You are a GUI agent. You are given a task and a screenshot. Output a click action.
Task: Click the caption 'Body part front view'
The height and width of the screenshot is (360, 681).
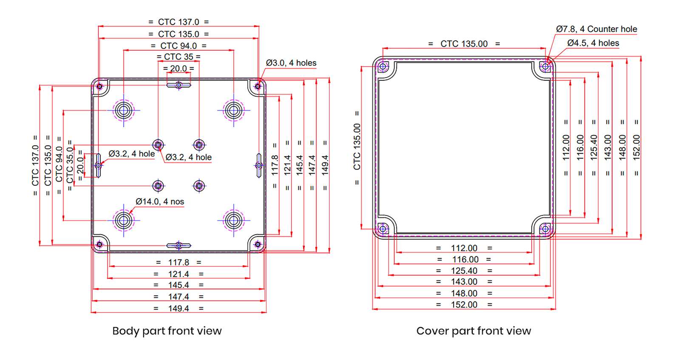click(x=167, y=331)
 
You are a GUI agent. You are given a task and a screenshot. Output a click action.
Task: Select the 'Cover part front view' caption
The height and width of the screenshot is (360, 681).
click(x=474, y=331)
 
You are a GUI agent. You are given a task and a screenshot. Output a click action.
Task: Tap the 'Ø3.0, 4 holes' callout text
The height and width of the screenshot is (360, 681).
click(x=291, y=63)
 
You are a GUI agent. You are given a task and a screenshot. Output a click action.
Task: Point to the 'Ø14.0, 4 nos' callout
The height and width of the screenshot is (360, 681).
click(x=160, y=201)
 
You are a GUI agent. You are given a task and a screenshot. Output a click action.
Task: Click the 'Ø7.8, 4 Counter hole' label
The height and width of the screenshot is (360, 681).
click(x=596, y=29)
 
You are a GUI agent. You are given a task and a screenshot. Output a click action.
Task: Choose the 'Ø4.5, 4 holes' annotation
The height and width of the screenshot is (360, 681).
click(x=593, y=43)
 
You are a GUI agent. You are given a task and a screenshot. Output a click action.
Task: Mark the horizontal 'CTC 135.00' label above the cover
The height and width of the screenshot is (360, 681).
click(x=464, y=44)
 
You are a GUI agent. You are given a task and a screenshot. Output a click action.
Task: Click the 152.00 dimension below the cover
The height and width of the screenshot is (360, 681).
click(x=464, y=305)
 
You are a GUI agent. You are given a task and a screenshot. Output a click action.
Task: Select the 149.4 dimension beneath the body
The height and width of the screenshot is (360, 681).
click(x=179, y=309)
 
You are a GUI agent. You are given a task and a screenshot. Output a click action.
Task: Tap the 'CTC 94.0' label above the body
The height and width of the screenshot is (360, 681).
click(x=179, y=45)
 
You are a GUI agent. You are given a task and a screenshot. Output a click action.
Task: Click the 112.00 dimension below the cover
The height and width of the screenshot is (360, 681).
click(x=464, y=248)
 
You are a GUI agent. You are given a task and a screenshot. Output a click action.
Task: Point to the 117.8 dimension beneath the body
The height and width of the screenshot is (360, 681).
click(x=179, y=263)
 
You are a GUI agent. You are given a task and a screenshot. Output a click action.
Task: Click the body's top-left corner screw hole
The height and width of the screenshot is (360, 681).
click(x=99, y=86)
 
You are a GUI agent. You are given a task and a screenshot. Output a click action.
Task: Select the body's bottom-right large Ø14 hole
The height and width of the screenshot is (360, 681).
click(x=233, y=220)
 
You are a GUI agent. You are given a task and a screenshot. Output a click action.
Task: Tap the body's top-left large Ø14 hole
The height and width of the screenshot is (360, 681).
click(x=124, y=111)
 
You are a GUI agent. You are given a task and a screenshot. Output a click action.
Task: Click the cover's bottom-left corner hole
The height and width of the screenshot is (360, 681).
click(x=383, y=229)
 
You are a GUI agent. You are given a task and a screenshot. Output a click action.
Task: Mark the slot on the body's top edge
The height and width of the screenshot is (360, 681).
click(x=179, y=85)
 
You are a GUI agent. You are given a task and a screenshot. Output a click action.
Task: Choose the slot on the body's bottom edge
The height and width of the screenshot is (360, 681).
click(x=179, y=246)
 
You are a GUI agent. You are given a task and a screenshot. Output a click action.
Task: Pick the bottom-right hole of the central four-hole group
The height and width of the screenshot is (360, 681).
click(x=199, y=186)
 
